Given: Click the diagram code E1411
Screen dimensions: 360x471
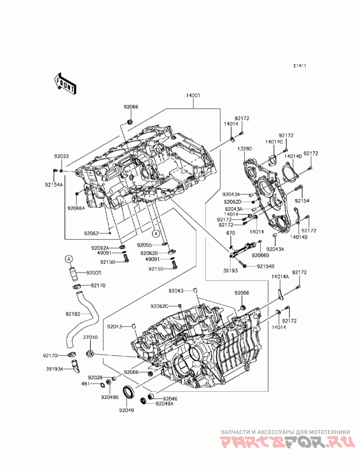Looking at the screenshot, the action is point(300,66).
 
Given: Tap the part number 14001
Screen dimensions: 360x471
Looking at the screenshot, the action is point(193,96).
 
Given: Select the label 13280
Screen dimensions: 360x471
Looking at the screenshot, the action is point(244,148).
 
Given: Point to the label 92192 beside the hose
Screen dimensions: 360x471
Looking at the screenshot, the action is point(73,314).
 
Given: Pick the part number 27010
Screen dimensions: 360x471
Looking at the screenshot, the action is point(90,337).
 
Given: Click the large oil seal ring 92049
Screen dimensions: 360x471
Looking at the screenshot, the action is point(129,391).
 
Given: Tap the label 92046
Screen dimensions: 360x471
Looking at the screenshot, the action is point(170,399).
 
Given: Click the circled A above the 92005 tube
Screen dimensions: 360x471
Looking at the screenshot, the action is point(69,259).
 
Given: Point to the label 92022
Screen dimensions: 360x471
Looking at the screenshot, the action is point(61,157).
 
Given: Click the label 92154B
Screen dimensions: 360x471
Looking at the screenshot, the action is point(265,266).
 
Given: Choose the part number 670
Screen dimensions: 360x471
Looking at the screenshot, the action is point(231,233).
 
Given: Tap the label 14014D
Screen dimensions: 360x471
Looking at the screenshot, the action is point(292,157).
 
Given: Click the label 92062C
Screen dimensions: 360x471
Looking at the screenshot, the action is point(159,306).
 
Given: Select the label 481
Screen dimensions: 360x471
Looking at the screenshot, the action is point(86,384).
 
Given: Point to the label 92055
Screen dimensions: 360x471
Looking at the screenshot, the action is point(144,245).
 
